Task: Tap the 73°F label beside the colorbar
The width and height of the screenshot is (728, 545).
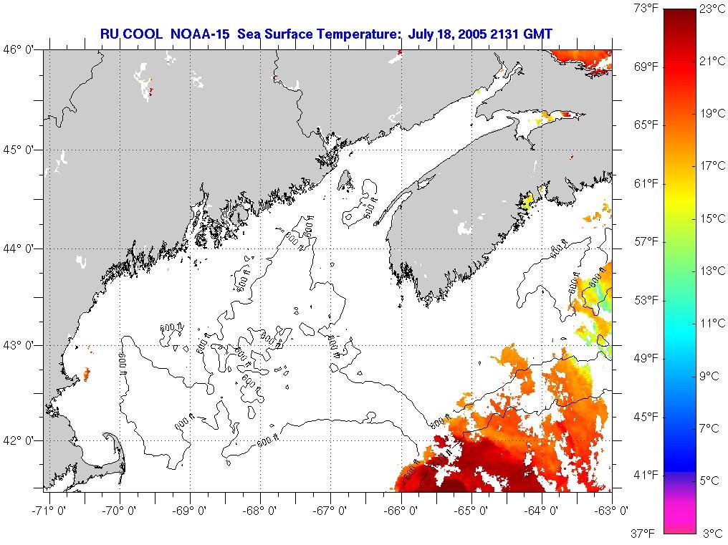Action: tap(645, 9)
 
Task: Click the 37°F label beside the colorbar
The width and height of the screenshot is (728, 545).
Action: tap(645, 533)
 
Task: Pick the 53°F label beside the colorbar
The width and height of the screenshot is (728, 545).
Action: tap(645, 299)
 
